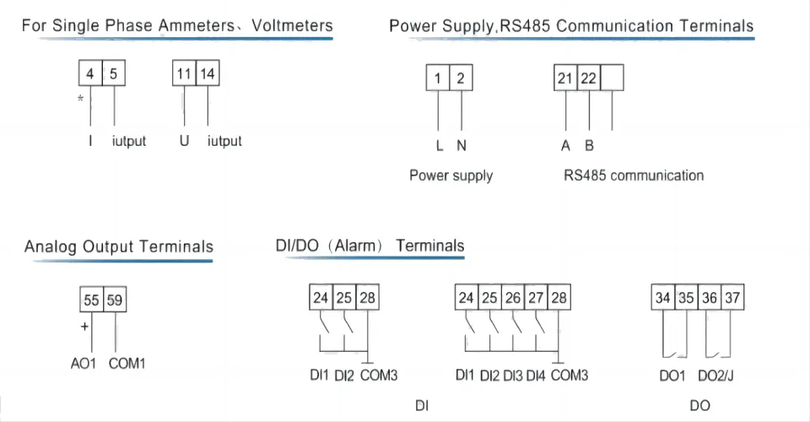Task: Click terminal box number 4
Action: tap(90, 73)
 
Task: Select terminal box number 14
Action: tap(208, 73)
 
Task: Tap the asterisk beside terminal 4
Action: tap(81, 98)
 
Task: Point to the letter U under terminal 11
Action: tap(185, 140)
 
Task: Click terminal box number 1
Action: tap(438, 78)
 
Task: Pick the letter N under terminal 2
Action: tap(462, 146)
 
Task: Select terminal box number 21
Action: tap(565, 78)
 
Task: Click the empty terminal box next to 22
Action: tap(613, 78)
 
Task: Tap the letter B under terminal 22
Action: tap(590, 146)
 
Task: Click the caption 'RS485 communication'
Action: tap(634, 176)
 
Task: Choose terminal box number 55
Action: tap(91, 300)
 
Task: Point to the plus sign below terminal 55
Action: tap(84, 327)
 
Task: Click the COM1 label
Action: tap(127, 364)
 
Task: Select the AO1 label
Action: tap(84, 364)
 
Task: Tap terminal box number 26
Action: tap(512, 298)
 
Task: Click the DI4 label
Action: tap(536, 376)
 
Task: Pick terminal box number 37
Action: tap(732, 298)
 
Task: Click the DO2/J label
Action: tap(715, 376)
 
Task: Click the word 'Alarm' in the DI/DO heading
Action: tap(355, 246)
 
